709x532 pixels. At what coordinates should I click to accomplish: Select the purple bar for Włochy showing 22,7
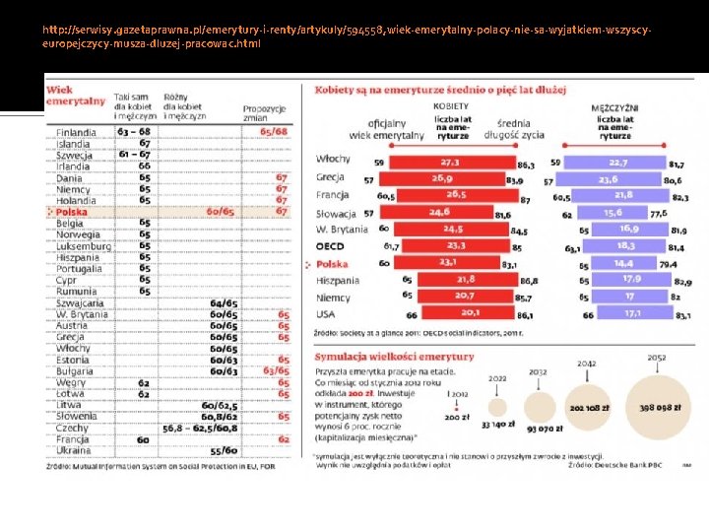click(x=616, y=162)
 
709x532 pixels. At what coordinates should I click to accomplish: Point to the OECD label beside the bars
click(x=331, y=246)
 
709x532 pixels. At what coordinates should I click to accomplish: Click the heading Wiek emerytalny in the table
click(x=75, y=96)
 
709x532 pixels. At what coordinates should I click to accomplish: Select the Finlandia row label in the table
click(x=76, y=132)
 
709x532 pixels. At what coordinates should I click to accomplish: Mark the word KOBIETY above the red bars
click(x=452, y=105)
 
